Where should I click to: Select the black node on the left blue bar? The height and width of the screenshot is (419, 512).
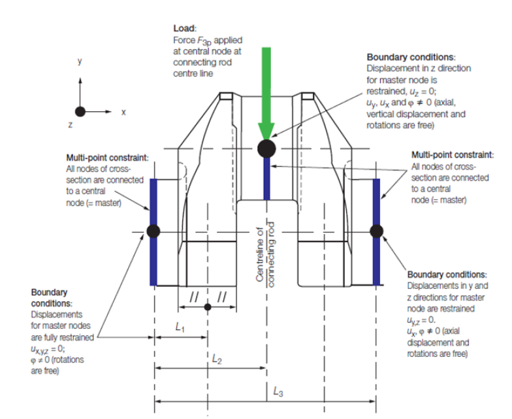point(153,231)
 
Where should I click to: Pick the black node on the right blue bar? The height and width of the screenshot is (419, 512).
point(376,231)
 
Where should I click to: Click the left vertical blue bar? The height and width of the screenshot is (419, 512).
point(153,261)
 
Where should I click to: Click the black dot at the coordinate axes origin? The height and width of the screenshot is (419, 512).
point(80,111)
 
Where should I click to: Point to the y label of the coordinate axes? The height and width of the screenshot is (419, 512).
point(80,62)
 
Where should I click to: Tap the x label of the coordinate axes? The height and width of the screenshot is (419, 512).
point(123,112)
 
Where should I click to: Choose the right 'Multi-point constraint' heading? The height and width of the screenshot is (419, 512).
point(451,156)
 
